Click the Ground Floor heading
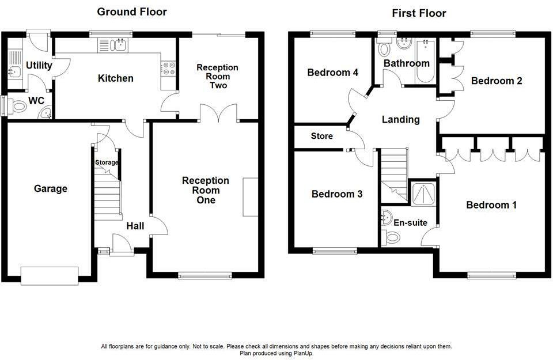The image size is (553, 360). (132, 12)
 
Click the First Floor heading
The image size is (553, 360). (419, 13)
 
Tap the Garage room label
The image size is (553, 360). (51, 188)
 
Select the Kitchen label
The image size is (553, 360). (116, 78)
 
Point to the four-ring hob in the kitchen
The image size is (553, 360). (168, 69)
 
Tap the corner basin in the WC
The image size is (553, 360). (46, 113)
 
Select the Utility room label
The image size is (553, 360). (39, 65)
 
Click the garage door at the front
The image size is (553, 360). (50, 276)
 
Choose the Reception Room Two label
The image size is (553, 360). (217, 76)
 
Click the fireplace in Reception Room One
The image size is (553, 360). (250, 197)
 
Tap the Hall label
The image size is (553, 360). (135, 226)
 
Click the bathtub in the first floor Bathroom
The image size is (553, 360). (426, 61)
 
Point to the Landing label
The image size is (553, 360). (401, 120)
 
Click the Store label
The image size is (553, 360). (321, 136)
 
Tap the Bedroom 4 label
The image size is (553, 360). (332, 73)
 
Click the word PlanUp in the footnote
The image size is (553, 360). (303, 353)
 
